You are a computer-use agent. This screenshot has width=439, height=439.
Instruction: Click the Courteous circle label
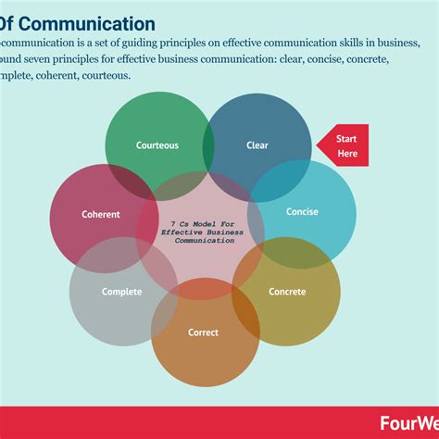[157, 145]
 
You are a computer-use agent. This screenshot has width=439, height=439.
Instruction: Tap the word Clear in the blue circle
[257, 145]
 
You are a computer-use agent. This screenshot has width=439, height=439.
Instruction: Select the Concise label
[302, 212]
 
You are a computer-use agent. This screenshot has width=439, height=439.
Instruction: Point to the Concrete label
[287, 292]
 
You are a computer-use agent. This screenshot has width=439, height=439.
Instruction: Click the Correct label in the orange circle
[204, 332]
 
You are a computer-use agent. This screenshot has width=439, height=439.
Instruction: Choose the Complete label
[121, 292]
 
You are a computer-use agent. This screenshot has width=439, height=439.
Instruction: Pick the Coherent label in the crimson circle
[101, 215]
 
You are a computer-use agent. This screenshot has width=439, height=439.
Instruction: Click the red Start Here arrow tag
[344, 145]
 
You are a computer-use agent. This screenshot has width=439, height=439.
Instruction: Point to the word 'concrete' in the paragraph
[361, 59]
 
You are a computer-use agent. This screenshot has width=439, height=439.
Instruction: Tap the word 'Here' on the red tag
[347, 153]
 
